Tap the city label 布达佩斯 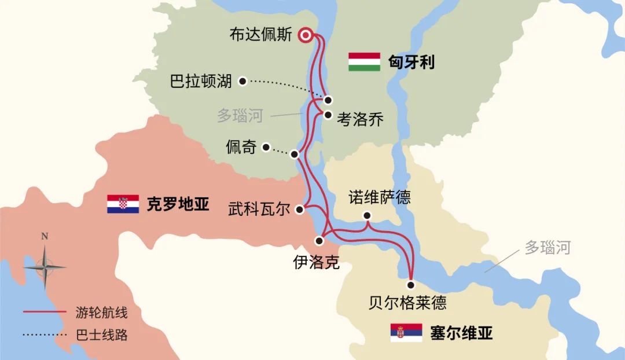(261, 35)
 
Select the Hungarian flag (364, 62)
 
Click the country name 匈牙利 (411, 62)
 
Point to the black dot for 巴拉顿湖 (243, 81)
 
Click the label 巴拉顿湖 (201, 81)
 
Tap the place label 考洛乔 (360, 120)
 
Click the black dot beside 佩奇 (266, 147)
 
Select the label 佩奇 (241, 147)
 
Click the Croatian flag (123, 204)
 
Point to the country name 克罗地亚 (178, 204)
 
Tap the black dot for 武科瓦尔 (300, 210)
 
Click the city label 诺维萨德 (380, 197)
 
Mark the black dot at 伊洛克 (318, 240)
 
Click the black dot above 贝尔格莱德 (411, 285)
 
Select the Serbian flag (406, 333)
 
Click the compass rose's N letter (45, 236)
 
